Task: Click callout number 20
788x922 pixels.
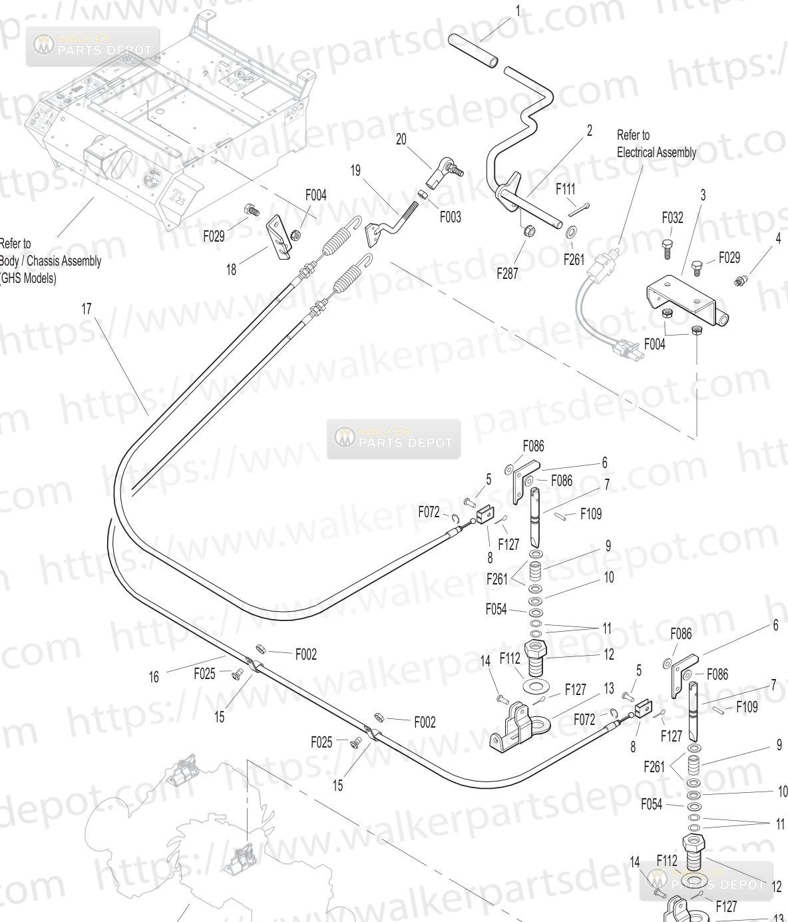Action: [x=401, y=140]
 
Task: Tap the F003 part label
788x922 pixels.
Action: [x=450, y=217]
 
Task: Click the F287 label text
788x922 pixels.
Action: [x=508, y=274]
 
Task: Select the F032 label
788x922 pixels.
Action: [x=672, y=218]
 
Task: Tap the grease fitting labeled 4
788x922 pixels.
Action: [x=741, y=281]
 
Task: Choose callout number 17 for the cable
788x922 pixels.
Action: [x=87, y=309]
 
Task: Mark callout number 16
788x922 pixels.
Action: [x=154, y=677]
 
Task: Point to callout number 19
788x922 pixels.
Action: [x=355, y=170]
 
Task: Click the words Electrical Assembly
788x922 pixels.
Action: [x=656, y=152]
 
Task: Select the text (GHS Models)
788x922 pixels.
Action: [x=28, y=278]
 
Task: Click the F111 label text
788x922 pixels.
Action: [x=566, y=190]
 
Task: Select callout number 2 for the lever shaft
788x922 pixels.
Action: [x=590, y=130]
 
